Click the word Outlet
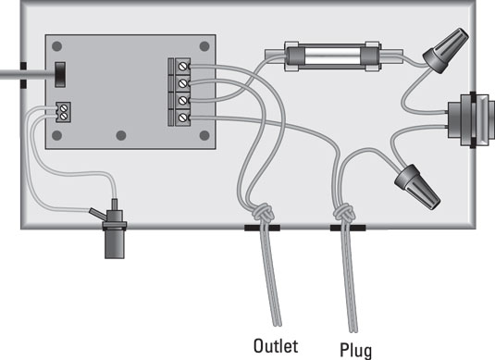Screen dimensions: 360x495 [x=275, y=347]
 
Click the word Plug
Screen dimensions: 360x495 [x=353, y=350]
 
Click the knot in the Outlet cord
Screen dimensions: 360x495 [x=266, y=214]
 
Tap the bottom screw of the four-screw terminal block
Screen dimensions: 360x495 [x=182, y=118]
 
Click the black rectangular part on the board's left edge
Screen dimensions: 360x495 [x=61, y=73]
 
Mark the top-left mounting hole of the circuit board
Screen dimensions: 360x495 [x=58, y=46]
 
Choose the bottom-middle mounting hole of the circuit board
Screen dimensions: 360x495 [x=121, y=136]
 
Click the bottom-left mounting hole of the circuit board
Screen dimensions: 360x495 [x=58, y=136]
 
